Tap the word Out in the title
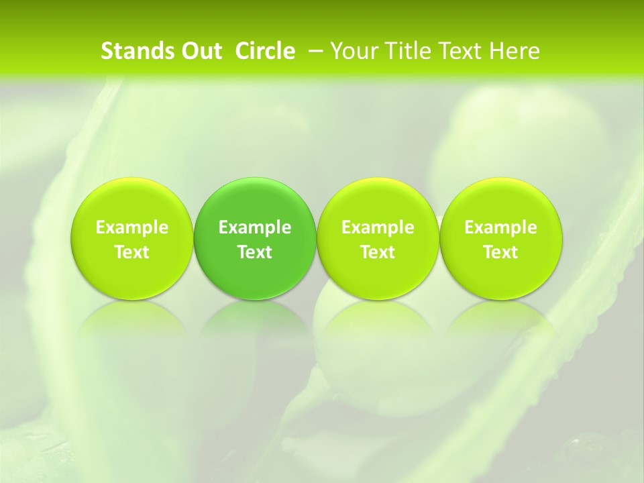tap(199, 51)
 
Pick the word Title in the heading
tap(407, 51)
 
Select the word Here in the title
tap(514, 51)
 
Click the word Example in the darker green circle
tap(255, 227)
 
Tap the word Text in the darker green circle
tap(255, 252)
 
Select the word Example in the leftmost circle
tap(132, 227)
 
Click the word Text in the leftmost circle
tap(132, 252)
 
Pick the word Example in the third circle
tap(378, 227)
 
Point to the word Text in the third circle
tap(378, 252)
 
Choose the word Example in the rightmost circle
tap(501, 227)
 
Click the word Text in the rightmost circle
tap(501, 252)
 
